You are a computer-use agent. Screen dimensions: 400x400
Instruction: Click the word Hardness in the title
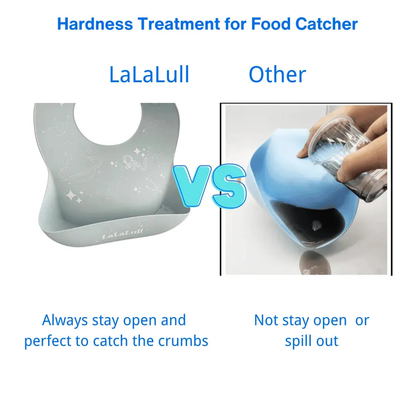[x=95, y=24]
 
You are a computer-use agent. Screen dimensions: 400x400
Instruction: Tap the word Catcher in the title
[x=326, y=24]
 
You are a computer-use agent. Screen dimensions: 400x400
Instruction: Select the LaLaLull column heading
[x=149, y=74]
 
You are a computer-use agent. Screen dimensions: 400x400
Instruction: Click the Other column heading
[x=277, y=74]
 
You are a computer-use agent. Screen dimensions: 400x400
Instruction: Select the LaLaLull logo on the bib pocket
[x=123, y=234]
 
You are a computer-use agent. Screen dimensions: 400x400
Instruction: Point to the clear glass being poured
[x=347, y=158]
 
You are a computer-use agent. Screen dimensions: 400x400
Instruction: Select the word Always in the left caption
[x=65, y=320]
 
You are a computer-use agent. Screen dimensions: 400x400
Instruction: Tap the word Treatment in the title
[x=179, y=24]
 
